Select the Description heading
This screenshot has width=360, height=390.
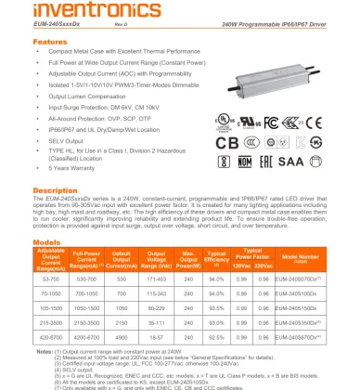pyautogui.click(x=55, y=189)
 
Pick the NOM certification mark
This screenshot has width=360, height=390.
pyautogui.click(x=275, y=162)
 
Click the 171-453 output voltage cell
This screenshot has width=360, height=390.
pyautogui.click(x=156, y=279)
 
